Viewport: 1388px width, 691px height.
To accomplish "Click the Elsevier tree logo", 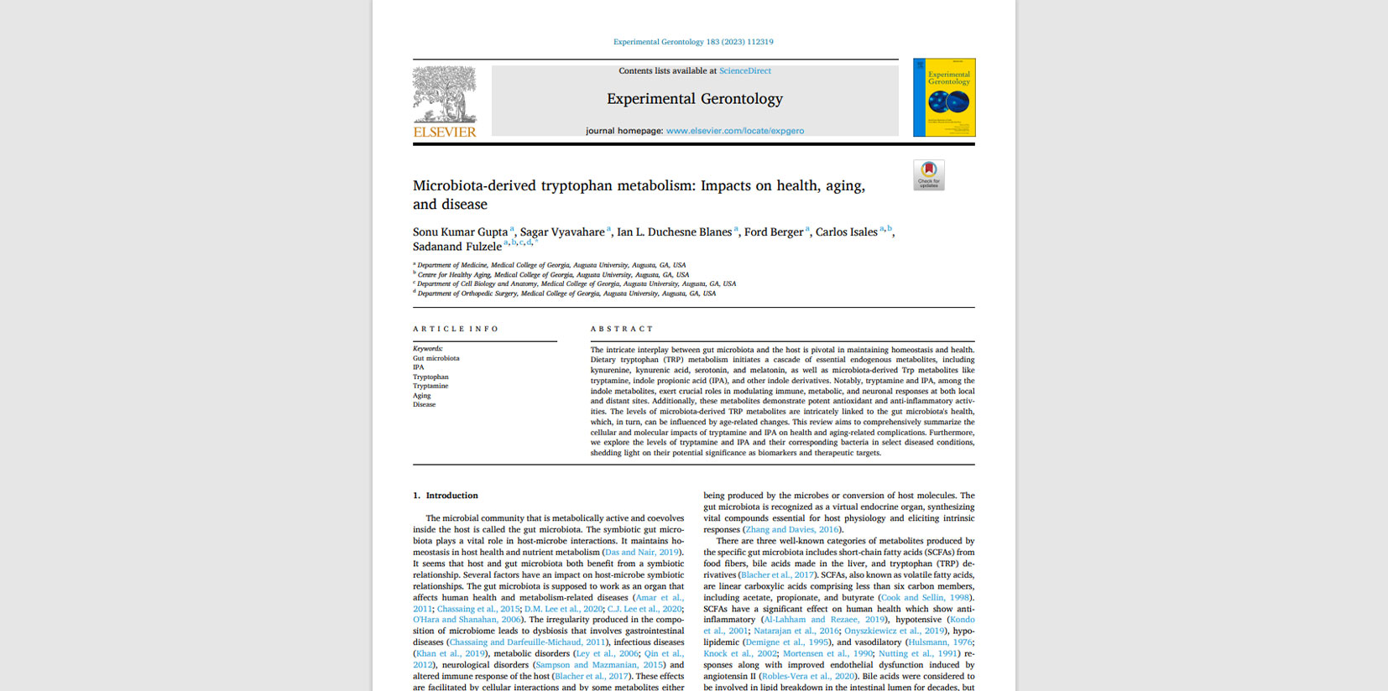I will [444, 96].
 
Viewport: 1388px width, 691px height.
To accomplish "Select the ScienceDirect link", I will [744, 71].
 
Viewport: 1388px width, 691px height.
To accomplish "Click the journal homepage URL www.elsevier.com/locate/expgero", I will [734, 131].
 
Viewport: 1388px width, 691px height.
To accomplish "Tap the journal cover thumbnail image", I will [944, 97].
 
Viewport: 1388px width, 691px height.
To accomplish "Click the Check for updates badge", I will [928, 175].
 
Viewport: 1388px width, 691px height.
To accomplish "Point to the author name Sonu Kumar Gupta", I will [460, 232].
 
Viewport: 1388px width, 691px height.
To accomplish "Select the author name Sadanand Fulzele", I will [457, 247].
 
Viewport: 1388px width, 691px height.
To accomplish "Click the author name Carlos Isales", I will [846, 232].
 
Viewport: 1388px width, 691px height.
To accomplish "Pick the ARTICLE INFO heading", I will [456, 329].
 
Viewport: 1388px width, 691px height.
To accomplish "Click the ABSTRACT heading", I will [622, 329].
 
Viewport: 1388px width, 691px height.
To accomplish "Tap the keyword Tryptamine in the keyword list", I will [430, 386].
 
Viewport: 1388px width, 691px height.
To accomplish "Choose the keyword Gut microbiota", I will [436, 358].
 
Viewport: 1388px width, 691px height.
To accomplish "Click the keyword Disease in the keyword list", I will [424, 404].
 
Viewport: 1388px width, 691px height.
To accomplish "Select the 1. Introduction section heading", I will [446, 496].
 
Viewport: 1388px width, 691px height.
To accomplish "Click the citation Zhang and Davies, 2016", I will [791, 530].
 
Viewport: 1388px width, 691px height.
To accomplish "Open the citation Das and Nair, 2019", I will [641, 553].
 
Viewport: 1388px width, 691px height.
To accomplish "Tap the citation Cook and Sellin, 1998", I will [925, 598].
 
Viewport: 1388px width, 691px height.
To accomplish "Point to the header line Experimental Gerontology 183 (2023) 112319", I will [693, 42].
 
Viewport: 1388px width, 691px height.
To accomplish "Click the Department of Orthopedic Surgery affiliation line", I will [566, 294].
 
